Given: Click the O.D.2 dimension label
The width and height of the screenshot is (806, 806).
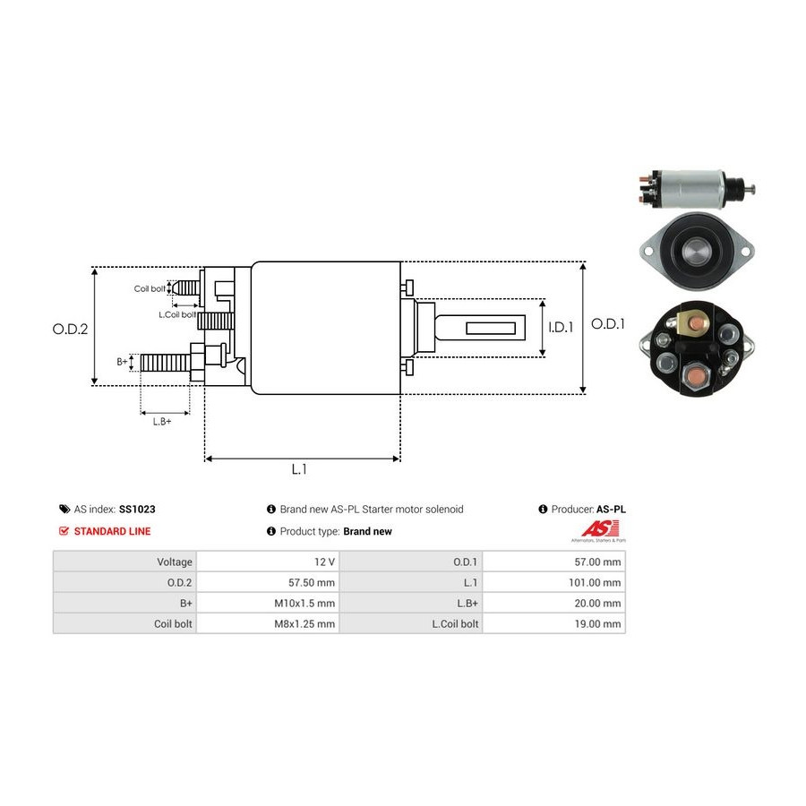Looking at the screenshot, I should coord(70,329).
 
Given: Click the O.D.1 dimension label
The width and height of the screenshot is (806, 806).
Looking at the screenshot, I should coord(608,324).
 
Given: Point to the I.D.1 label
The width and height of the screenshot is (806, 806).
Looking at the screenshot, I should coord(561,328).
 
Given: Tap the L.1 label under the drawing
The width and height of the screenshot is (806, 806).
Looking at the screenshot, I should coord(299,469).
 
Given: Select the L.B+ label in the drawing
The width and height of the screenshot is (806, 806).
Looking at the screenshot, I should coord(162,421).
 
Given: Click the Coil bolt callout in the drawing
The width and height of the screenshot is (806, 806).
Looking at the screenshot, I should coord(150,288).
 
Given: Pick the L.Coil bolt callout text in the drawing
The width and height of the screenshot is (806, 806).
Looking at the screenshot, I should coord(176,314).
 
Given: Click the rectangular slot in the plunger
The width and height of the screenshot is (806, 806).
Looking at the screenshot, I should coord(491,328).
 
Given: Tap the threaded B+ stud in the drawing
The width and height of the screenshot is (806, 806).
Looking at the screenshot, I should coord(165,363).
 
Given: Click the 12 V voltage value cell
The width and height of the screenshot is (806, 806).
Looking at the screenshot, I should coord(325,562).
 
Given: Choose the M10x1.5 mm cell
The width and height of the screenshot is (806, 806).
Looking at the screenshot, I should coord(305,603).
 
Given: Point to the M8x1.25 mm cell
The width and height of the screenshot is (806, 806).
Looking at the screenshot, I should coord(304,623).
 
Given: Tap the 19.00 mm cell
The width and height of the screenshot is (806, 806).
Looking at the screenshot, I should coord(598,623).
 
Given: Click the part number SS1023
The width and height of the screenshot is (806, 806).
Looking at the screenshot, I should coord(137,509).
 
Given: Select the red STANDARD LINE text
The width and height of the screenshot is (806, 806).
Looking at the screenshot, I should coord(112,531).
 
